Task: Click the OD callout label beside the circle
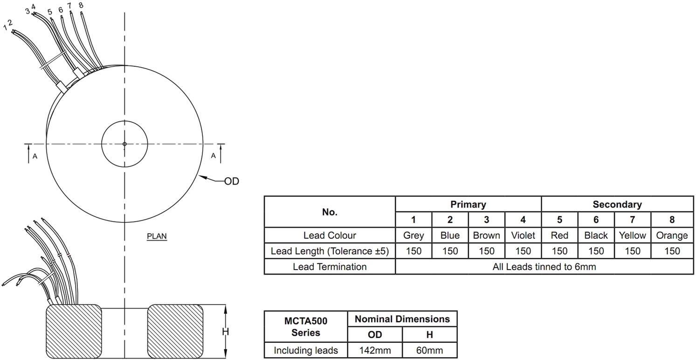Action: [x=232, y=181]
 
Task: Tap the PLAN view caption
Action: [x=157, y=236]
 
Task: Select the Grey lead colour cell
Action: [x=413, y=235]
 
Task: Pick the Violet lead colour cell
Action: [x=523, y=235]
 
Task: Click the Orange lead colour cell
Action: [x=672, y=235]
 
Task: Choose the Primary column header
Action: [x=468, y=204]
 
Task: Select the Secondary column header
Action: [x=617, y=204]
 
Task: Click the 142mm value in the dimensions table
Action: [x=375, y=350]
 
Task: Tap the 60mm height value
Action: [x=429, y=350]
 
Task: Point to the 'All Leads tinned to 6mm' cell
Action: [x=544, y=267]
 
